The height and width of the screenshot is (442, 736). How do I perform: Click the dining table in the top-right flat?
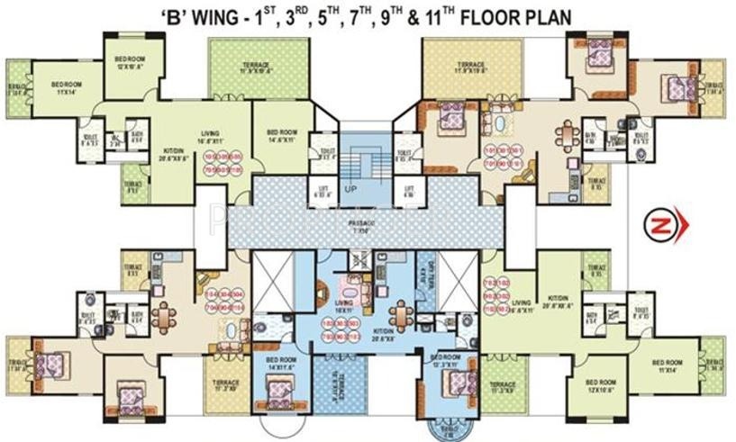coord(565,135)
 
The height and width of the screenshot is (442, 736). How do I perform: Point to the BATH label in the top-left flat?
coord(138,136)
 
